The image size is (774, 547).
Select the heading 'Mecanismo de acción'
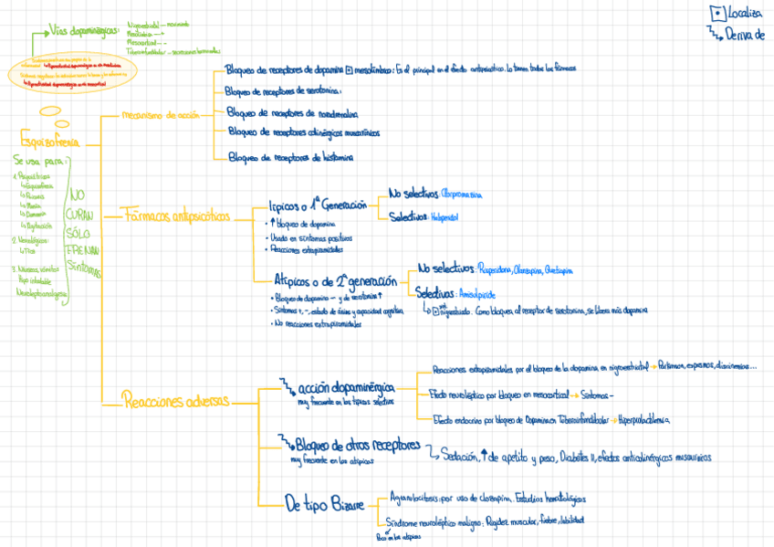coord(160,115)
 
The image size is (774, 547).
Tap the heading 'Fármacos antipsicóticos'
coord(178,216)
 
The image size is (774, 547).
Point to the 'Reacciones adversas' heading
coord(176,400)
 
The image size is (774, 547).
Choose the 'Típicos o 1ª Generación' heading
coord(316,206)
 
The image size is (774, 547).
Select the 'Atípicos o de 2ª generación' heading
coord(335,281)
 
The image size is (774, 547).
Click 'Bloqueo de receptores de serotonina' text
coord(284,90)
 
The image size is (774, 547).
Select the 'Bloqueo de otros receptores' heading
coord(358,446)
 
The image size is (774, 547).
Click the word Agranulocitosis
coord(408,499)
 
